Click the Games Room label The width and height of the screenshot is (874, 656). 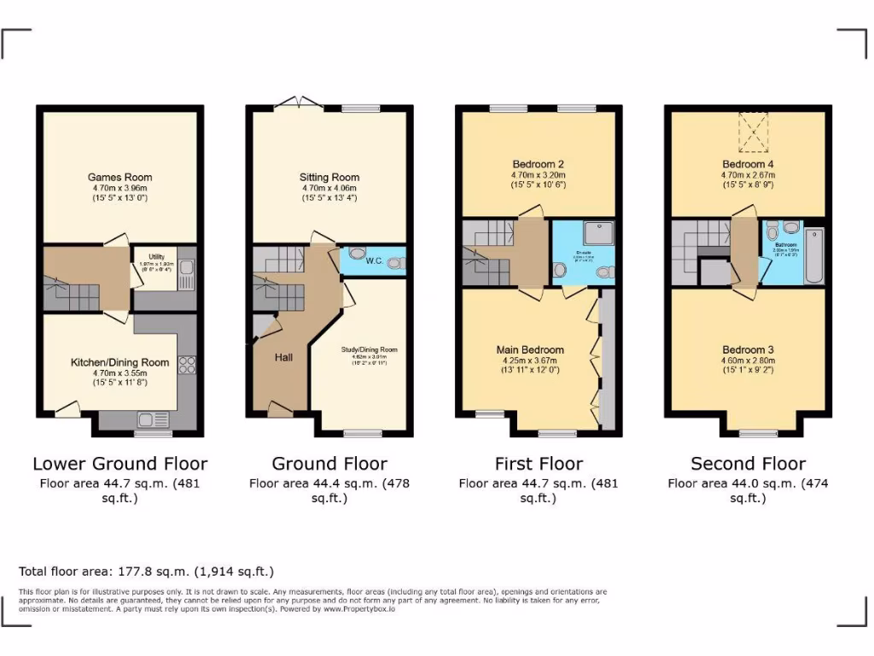[x=119, y=178]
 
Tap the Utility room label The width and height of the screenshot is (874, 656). [x=155, y=256]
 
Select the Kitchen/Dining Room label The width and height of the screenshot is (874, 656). [x=119, y=362]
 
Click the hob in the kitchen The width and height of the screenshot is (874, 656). [x=187, y=365]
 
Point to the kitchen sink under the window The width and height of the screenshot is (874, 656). [x=154, y=419]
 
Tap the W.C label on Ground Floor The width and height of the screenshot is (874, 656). [x=374, y=261]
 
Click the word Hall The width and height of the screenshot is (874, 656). [x=283, y=357]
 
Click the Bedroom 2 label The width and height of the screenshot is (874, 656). [x=538, y=164]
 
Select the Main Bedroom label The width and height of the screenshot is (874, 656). [x=530, y=350]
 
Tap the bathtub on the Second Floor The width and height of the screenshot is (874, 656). [x=815, y=256]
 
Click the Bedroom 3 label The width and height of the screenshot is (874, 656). [x=748, y=350]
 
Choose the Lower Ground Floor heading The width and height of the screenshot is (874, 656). [x=119, y=464]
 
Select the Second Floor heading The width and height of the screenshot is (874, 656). [x=748, y=464]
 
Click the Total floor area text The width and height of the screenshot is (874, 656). [x=146, y=571]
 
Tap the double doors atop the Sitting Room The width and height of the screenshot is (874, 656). [x=299, y=104]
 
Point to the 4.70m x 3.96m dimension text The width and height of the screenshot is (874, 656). [x=119, y=188]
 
